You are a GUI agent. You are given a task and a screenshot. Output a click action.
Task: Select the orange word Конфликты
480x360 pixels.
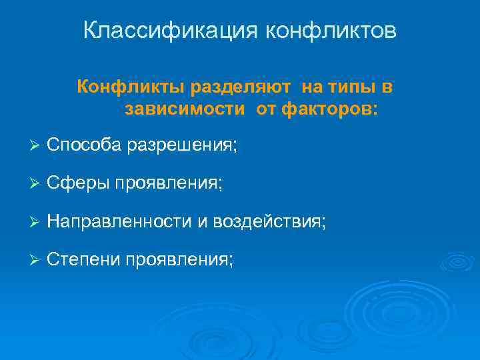131,87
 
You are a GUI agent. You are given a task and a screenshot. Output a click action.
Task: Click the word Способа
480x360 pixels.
83,145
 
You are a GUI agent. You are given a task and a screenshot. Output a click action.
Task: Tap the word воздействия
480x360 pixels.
269,221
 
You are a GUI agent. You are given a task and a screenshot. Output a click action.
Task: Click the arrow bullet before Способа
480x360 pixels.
36,145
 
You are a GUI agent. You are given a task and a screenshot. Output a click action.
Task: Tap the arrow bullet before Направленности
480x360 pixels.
36,221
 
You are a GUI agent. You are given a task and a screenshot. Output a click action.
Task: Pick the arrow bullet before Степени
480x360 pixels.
36,259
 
